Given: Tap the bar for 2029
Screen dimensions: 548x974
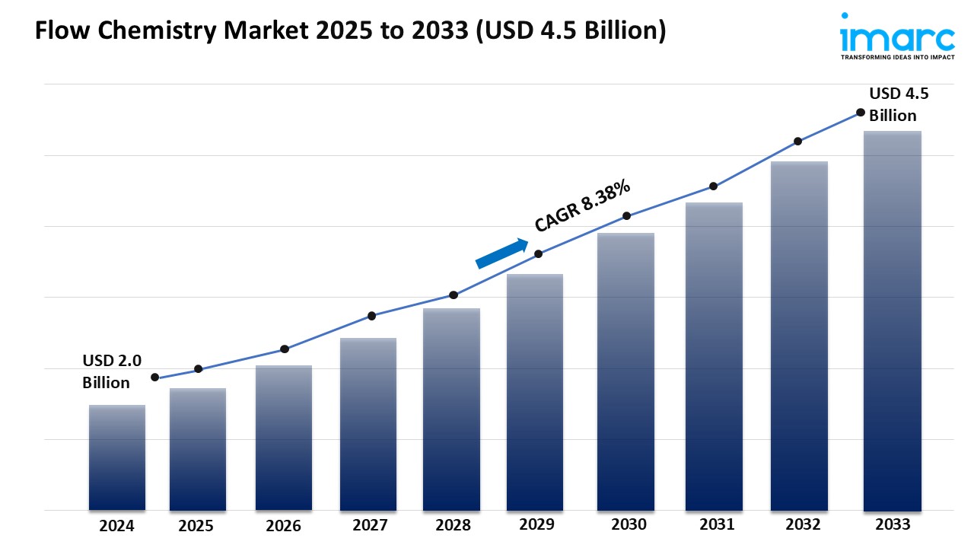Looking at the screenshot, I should click(535, 392).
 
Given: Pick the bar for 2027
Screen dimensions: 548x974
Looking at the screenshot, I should click(368, 423).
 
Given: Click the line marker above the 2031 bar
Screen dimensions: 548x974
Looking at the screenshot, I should click(713, 186).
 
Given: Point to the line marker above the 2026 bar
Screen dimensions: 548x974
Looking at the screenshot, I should click(285, 349).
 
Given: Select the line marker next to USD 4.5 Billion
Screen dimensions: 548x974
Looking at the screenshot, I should click(861, 112).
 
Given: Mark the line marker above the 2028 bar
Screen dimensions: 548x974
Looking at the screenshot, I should click(454, 295).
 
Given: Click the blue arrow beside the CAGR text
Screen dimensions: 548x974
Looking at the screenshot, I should click(502, 253).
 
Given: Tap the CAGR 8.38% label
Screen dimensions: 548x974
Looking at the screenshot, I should click(582, 205).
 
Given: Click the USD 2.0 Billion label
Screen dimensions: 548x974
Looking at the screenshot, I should click(112, 371).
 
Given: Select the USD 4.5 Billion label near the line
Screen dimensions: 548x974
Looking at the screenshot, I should click(899, 104).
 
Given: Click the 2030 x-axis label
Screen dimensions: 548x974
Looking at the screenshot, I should click(629, 524).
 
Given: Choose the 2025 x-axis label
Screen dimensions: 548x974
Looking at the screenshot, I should click(196, 526).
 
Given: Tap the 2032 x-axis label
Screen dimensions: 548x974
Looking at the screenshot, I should click(803, 524).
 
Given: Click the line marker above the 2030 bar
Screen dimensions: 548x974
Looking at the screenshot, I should click(626, 216).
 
